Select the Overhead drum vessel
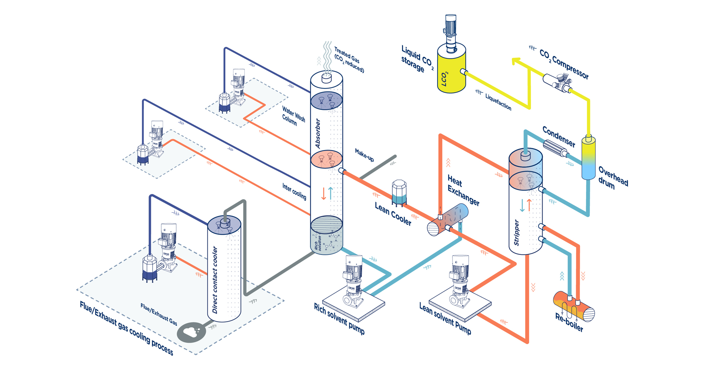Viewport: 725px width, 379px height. pyautogui.click(x=588, y=158)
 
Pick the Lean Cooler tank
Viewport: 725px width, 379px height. pyautogui.click(x=399, y=192)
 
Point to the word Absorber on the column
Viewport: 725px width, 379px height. pyautogui.click(x=318, y=133)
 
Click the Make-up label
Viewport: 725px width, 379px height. pyautogui.click(x=364, y=155)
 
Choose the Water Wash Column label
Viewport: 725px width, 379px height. pyautogui.click(x=293, y=116)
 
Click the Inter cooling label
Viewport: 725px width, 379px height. pyautogui.click(x=294, y=191)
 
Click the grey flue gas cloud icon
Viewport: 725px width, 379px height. pyautogui.click(x=191, y=332)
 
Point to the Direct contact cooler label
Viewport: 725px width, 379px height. pyautogui.click(x=215, y=280)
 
